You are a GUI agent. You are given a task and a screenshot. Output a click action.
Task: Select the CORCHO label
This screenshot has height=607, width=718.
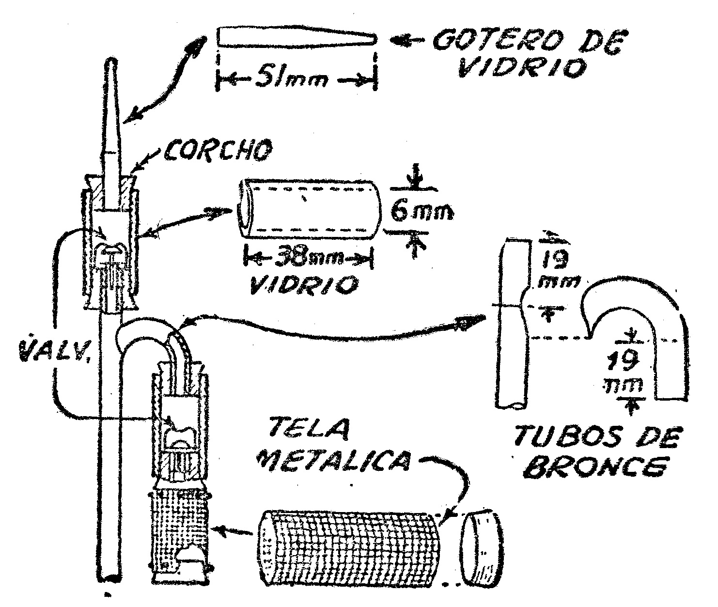[x=215, y=152]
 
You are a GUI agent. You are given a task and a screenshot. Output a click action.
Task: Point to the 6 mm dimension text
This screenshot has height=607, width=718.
[x=420, y=212]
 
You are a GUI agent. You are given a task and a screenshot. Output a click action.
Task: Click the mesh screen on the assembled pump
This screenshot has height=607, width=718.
[x=179, y=523]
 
